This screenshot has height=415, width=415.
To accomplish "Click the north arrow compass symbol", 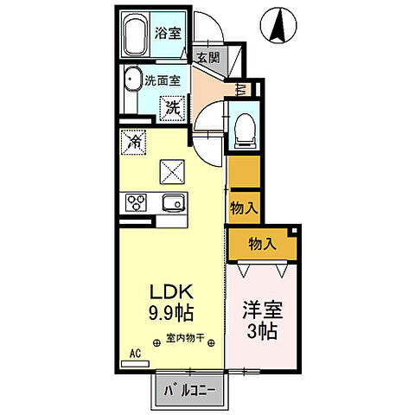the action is tap(278, 25).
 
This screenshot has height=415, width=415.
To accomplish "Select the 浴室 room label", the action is tap(168, 33).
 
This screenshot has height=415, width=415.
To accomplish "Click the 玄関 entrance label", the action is tap(208, 58).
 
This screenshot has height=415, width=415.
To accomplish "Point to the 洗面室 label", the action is tap(163, 80).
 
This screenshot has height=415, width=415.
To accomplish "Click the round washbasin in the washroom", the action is tap(132, 79).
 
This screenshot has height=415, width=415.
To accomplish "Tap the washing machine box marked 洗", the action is tap(172, 108).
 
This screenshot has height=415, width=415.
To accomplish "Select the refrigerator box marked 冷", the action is tap(133, 142).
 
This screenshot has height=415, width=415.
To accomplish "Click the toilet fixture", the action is tap(245, 131).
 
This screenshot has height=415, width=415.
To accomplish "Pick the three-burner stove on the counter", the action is tap(136, 202).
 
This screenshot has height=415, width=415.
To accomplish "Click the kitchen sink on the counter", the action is tap(173, 203).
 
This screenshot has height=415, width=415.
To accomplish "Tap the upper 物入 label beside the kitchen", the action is tap(244, 207).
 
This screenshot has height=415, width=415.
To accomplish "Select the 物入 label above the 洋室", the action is tap(263, 244).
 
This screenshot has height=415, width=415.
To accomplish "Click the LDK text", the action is tap(171, 292).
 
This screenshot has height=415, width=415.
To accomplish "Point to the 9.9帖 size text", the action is tap(171, 313).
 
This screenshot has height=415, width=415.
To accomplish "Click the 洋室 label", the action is tap(263, 310).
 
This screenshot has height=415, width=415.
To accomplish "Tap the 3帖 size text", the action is tap(262, 330).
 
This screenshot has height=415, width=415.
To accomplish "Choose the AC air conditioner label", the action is tap(135, 353).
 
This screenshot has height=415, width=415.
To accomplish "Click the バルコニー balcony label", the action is tap(189, 391).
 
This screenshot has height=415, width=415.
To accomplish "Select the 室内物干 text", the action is tap(185, 337).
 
